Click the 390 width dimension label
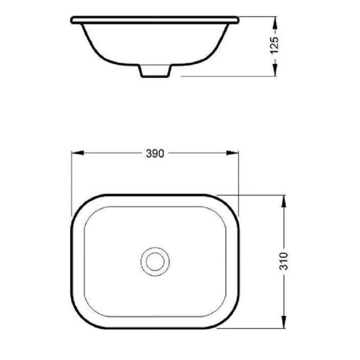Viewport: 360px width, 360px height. [154, 153]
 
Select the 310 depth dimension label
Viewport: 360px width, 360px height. [283, 261]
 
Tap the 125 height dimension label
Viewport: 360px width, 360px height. [275, 46]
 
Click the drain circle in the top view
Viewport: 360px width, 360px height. [155, 261]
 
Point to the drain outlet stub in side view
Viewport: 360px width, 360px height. [155, 71]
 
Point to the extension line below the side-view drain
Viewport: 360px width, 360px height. [225, 76]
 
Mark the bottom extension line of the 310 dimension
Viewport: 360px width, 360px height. [252, 328]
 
